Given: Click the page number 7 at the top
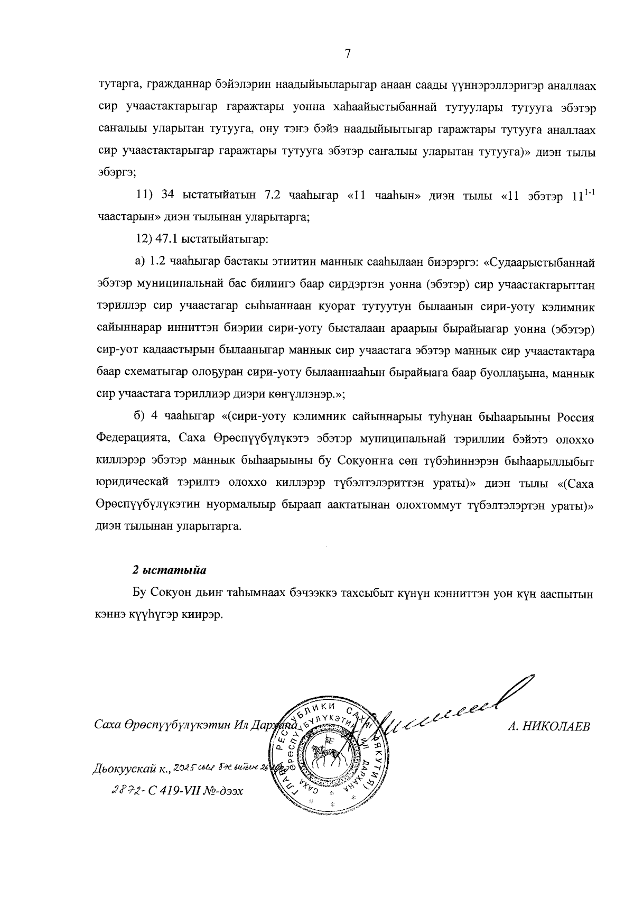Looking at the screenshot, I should [x=347, y=53].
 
